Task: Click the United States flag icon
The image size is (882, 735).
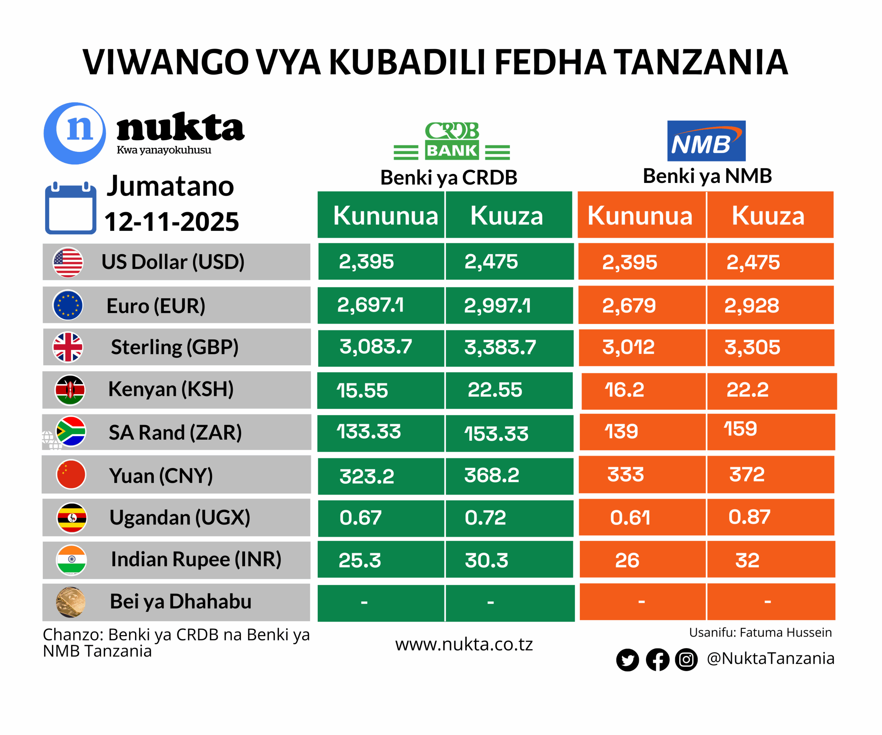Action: pyautogui.click(x=68, y=262)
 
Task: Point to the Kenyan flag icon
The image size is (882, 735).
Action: pyautogui.click(x=70, y=390)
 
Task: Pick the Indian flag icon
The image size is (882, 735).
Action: pyautogui.click(x=71, y=560)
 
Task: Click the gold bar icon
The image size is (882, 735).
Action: pyautogui.click(x=71, y=602)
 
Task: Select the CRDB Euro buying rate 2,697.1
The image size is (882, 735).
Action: pyautogui.click(x=370, y=305)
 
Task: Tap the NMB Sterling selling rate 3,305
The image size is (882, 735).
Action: pyautogui.click(x=752, y=347)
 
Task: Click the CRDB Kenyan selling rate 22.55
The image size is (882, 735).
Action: pyautogui.click(x=495, y=390)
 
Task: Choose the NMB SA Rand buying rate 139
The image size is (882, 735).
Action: pyautogui.click(x=621, y=431)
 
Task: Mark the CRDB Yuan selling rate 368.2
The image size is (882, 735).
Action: pyautogui.click(x=492, y=475)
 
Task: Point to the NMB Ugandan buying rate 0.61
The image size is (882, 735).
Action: pyautogui.click(x=630, y=518)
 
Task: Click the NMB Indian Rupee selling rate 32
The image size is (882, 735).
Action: pyautogui.click(x=748, y=560)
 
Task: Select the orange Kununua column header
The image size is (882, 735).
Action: pyautogui.click(x=640, y=216)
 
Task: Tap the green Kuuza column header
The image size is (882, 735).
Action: pyautogui.click(x=506, y=216)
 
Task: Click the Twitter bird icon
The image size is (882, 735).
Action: pyautogui.click(x=627, y=660)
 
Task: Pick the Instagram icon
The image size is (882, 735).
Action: pyautogui.click(x=686, y=660)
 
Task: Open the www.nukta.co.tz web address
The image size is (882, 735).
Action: pyautogui.click(x=464, y=644)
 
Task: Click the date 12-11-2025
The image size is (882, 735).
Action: pyautogui.click(x=171, y=222)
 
